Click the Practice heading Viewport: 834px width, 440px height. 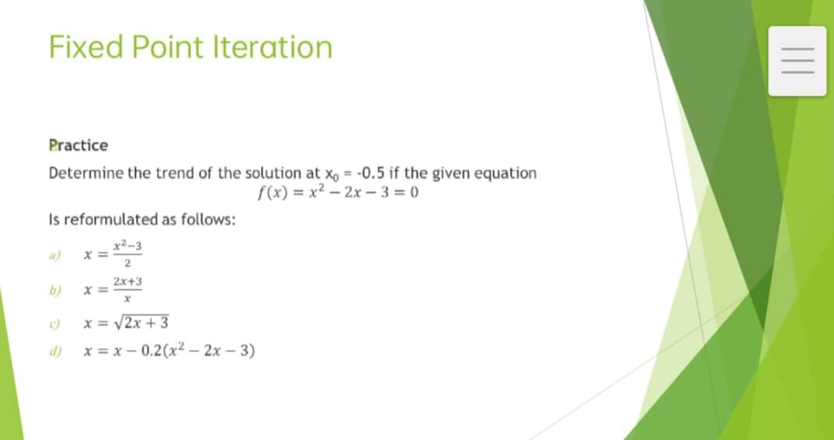tap(78, 145)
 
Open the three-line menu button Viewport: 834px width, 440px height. tap(798, 61)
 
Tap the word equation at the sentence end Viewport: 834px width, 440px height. tap(504, 173)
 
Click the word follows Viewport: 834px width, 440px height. tap(208, 219)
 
